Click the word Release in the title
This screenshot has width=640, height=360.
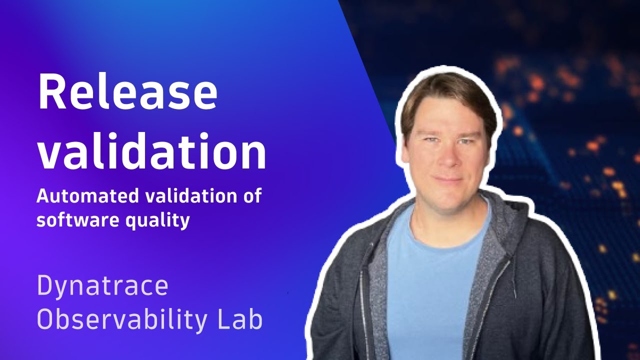[127, 93]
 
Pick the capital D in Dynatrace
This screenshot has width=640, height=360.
[46, 286]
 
